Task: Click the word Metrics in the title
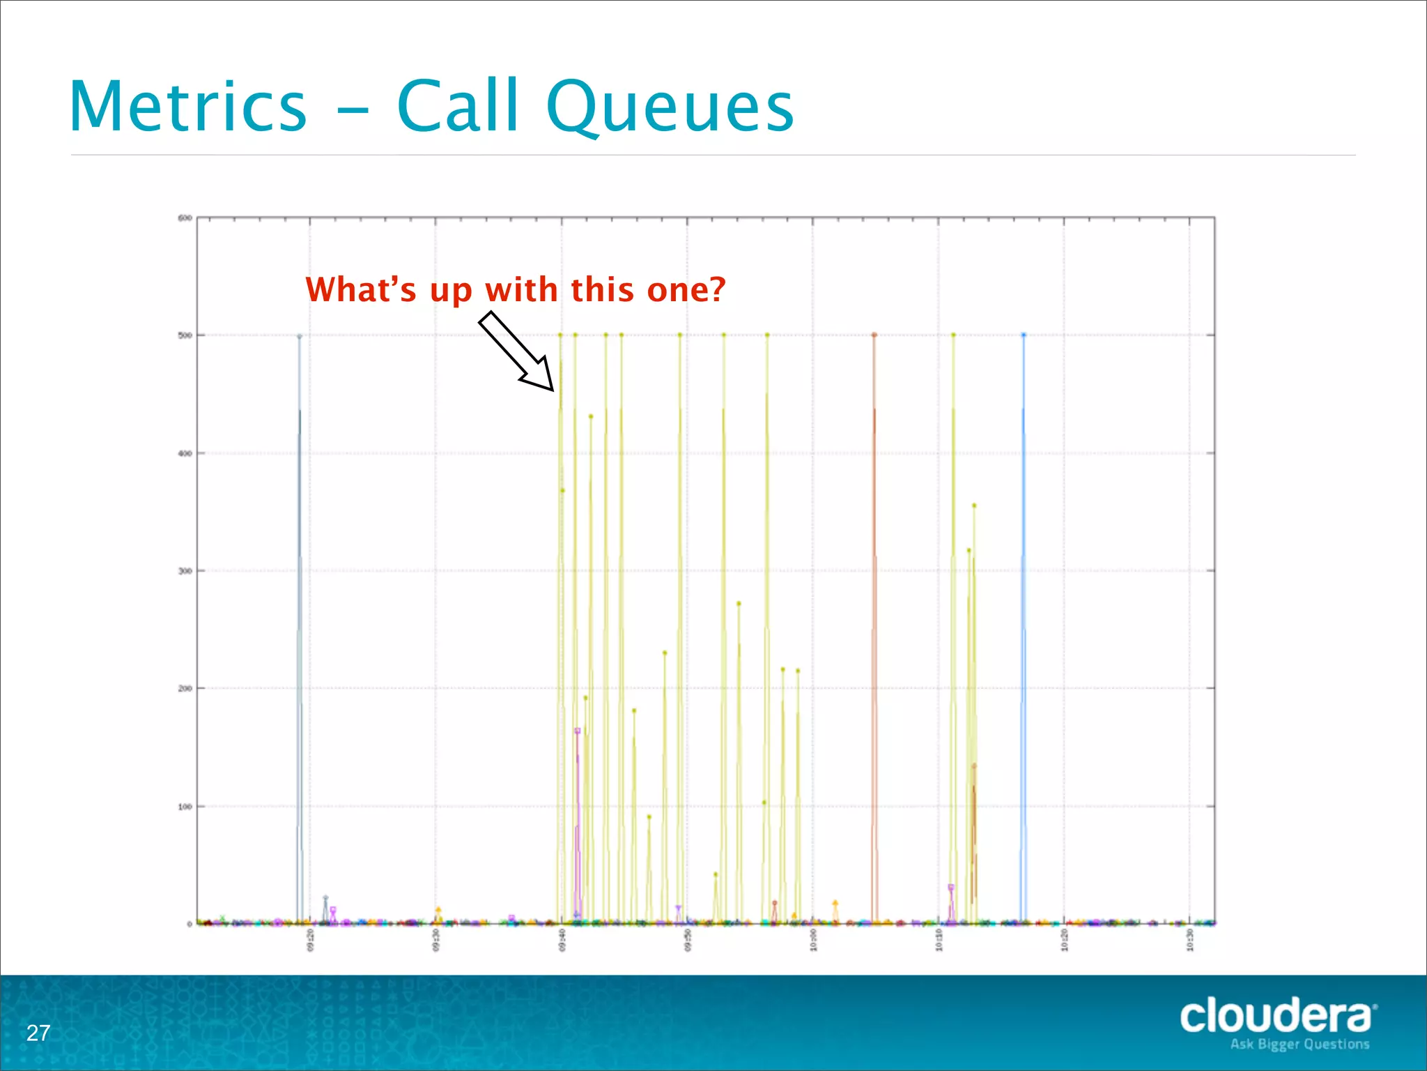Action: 188,107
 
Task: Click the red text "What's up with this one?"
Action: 516,289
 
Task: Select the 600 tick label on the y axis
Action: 185,218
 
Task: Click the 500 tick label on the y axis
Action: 185,335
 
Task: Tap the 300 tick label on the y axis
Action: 185,571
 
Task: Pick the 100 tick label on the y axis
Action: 185,807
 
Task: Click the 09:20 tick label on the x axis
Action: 311,940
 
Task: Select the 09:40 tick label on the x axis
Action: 562,940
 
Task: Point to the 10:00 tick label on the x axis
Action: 813,940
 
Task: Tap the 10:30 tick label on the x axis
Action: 1190,940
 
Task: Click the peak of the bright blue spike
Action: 1024,335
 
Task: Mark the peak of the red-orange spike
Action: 874,335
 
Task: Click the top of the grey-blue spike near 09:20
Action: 300,337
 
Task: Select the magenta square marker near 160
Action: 577,731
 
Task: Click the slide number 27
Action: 38,1033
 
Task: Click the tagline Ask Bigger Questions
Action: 1299,1045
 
